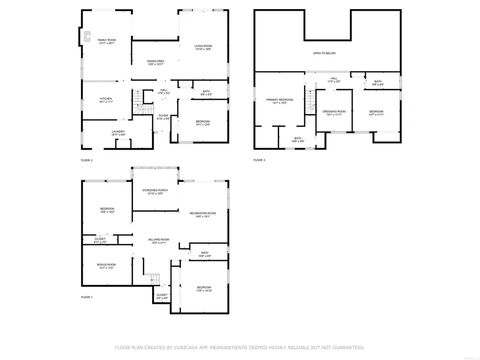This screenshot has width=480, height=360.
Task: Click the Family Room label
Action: point(107,40)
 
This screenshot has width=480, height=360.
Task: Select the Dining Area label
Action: point(156,61)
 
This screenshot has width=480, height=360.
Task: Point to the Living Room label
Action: point(203,46)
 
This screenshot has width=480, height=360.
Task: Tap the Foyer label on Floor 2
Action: point(163,116)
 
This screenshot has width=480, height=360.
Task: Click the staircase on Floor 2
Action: point(138,103)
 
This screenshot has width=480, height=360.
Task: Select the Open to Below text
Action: point(324,53)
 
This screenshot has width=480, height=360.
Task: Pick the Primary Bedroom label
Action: point(280,100)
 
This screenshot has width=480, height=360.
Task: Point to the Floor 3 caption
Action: point(259,160)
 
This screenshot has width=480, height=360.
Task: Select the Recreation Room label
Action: point(203,213)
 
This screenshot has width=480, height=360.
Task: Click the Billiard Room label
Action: point(159,240)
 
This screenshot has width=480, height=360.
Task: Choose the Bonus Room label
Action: point(107,265)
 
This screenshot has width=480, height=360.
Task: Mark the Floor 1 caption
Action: point(86,297)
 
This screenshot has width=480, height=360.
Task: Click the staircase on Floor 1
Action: point(153,278)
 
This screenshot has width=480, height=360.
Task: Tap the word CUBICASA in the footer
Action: point(198,348)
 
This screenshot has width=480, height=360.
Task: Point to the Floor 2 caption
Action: point(86,160)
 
